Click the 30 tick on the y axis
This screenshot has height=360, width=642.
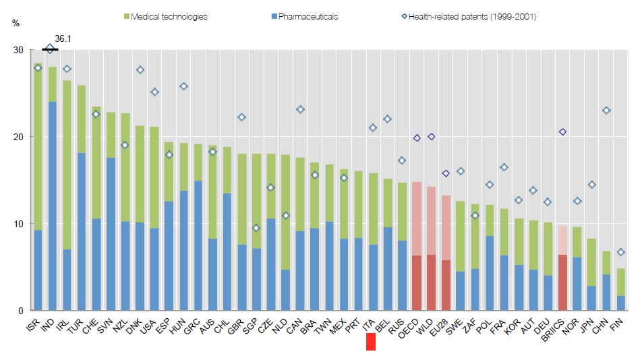18,51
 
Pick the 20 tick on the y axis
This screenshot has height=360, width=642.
18,137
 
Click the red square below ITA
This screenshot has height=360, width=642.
371,342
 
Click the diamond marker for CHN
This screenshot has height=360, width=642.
607,111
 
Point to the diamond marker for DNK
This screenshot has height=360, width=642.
140,70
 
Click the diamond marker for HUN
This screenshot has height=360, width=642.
183,86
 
